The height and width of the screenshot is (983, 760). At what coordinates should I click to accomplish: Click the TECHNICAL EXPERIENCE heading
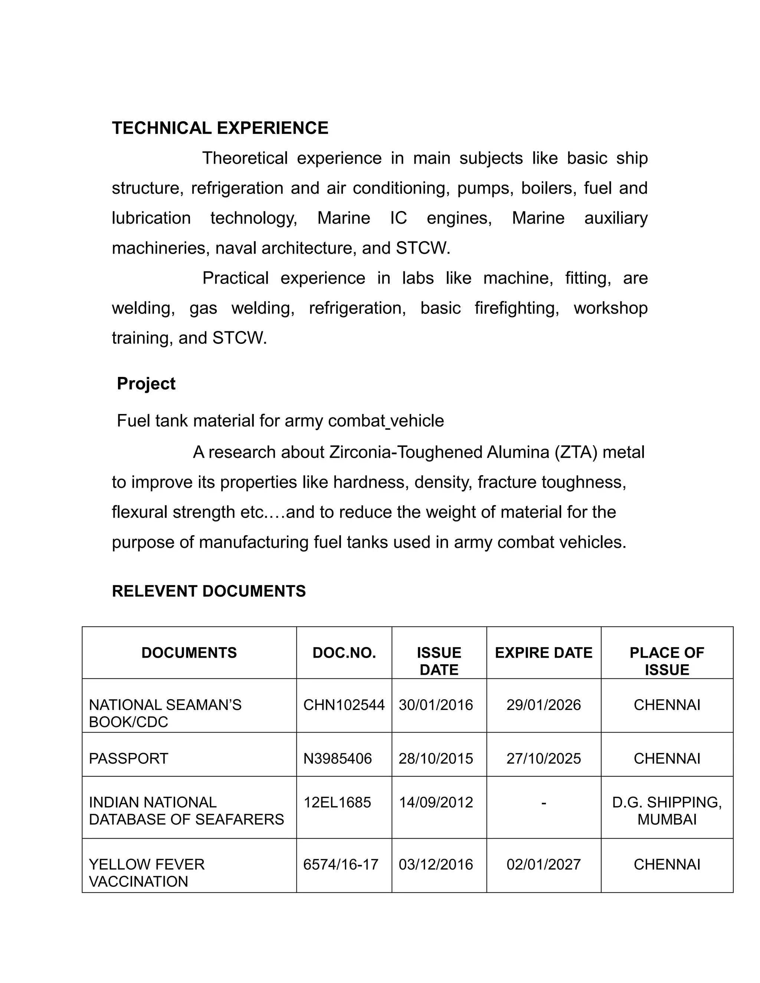220,128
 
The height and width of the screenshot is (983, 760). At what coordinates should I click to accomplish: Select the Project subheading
146,384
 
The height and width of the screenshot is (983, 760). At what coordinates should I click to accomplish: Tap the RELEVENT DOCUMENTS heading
209,591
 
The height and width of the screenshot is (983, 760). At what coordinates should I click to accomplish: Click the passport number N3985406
337,759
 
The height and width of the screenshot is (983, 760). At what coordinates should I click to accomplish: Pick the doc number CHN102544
344,705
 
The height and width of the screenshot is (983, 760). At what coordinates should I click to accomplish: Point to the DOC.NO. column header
344,652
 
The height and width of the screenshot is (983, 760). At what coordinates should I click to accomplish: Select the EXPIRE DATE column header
543,652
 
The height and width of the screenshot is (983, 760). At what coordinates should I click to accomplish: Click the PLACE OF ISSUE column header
666,661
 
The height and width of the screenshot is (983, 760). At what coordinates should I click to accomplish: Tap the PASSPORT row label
128,759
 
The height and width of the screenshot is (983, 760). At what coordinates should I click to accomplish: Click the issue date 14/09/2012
435,802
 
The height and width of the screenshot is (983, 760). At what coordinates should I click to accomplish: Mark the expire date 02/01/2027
543,865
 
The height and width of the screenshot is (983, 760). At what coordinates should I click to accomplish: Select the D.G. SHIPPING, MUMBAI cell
666,811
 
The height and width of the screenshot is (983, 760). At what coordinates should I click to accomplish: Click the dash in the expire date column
543,802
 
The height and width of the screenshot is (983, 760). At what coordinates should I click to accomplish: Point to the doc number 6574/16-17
340,865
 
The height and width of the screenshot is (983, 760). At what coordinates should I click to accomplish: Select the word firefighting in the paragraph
517,308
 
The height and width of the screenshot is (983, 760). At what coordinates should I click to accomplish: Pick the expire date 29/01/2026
543,705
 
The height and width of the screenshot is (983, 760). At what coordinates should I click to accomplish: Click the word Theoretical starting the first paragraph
245,158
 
